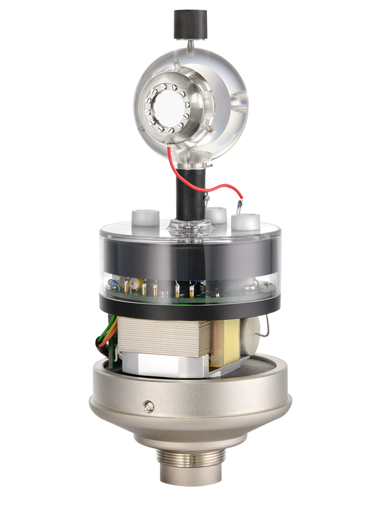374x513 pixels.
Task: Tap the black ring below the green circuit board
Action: [x=190, y=305]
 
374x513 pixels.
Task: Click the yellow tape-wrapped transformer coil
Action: [x=225, y=341]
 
